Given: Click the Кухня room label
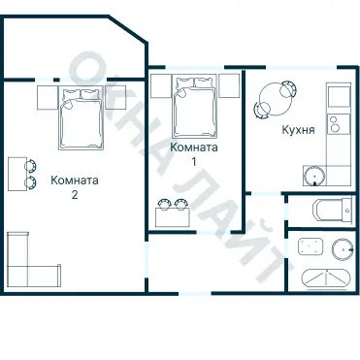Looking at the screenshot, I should coord(297,129).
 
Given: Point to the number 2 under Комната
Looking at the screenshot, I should coord(75,193).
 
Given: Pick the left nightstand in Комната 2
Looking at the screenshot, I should coord(48,97).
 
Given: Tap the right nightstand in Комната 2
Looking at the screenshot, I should coord(113,97).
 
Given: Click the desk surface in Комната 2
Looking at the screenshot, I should coord(16,174).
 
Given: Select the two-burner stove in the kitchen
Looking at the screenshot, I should coord(336,124).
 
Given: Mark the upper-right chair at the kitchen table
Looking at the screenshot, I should coord(288,87).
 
